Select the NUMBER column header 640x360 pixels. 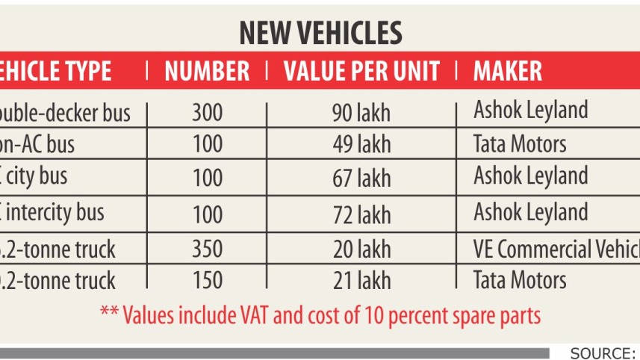click(x=207, y=71)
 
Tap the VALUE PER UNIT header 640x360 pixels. click(x=361, y=71)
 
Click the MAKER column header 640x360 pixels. click(x=508, y=71)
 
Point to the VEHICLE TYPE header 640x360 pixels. click(x=56, y=71)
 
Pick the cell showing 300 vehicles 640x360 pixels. click(x=207, y=114)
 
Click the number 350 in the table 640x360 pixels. click(x=207, y=249)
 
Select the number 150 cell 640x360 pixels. click(x=207, y=281)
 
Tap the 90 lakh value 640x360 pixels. click(x=361, y=114)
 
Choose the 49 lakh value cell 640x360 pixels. click(x=361, y=144)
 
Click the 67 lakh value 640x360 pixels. click(x=361, y=179)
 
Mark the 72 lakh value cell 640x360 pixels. click(x=361, y=215)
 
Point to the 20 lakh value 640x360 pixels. click(x=361, y=249)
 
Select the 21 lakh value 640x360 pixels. click(x=361, y=281)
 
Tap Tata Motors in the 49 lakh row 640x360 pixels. click(x=520, y=143)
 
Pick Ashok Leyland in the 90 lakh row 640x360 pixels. click(x=530, y=111)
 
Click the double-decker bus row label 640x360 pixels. click(x=66, y=113)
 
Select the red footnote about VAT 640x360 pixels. click(x=320, y=314)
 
